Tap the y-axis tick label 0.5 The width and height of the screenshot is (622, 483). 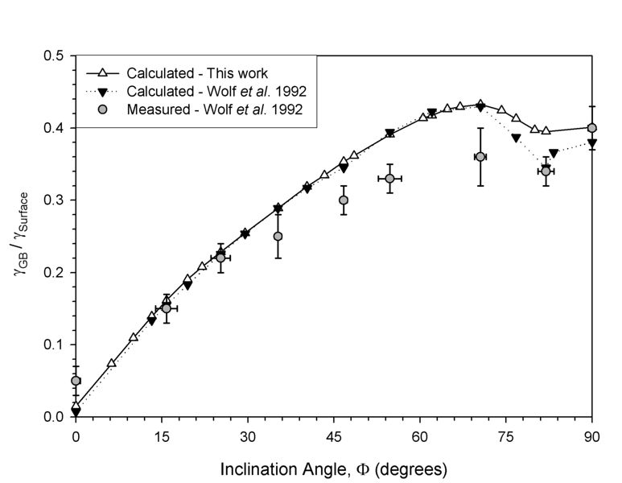click(x=54, y=56)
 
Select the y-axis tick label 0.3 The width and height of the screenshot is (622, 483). click(x=54, y=200)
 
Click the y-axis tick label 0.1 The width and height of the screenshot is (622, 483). click(x=54, y=345)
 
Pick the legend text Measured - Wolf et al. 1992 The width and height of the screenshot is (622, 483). click(x=214, y=109)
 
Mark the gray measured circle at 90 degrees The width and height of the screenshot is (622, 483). click(x=592, y=128)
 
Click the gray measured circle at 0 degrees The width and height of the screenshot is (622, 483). click(x=76, y=381)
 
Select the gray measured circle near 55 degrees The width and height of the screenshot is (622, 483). click(x=389, y=179)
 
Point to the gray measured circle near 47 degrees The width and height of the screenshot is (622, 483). click(x=344, y=200)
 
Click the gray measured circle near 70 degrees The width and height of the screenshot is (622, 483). click(x=480, y=157)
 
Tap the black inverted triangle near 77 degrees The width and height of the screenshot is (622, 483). click(x=517, y=138)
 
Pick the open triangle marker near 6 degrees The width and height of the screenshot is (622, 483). click(x=112, y=363)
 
